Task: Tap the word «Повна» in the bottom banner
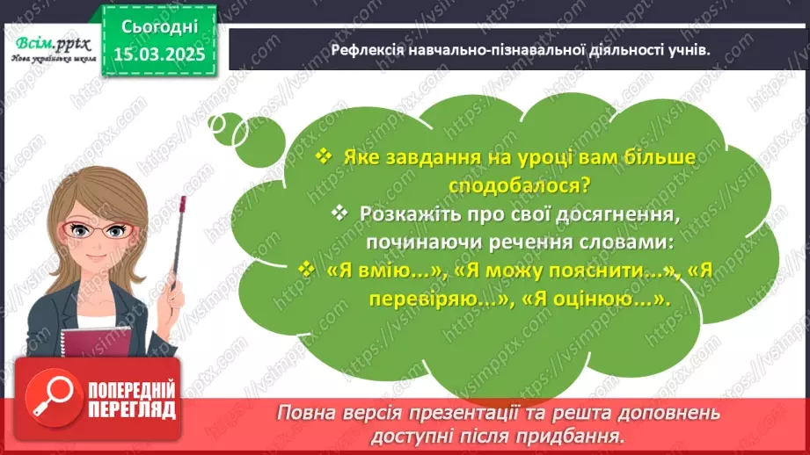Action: pos(305,412)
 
